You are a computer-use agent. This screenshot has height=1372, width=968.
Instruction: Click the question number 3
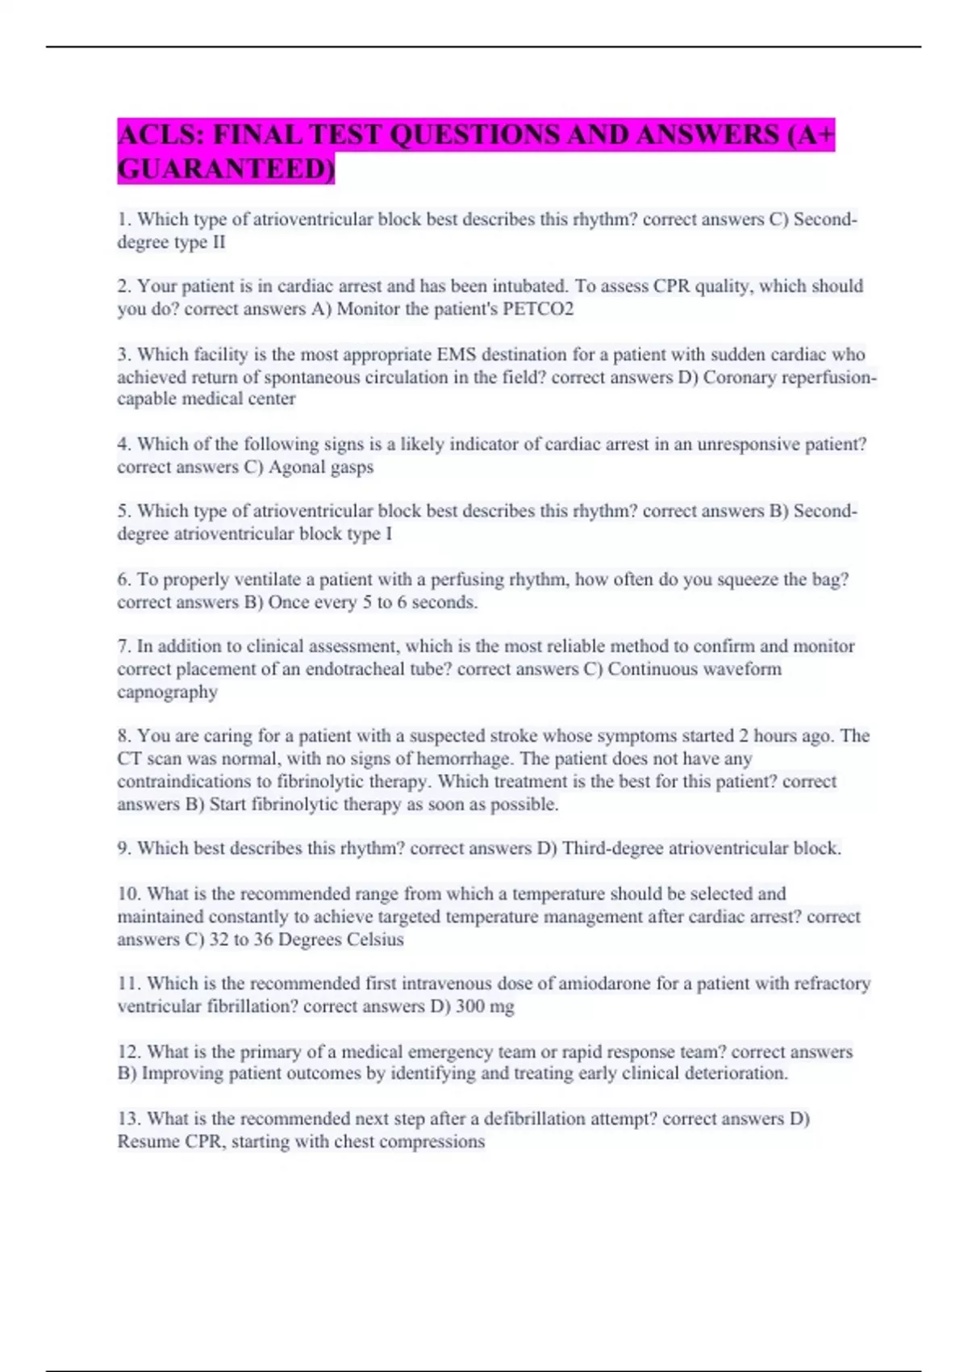point(123,354)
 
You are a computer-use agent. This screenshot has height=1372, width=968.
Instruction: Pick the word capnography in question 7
point(167,692)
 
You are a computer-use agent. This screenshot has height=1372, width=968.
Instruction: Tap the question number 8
point(123,736)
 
